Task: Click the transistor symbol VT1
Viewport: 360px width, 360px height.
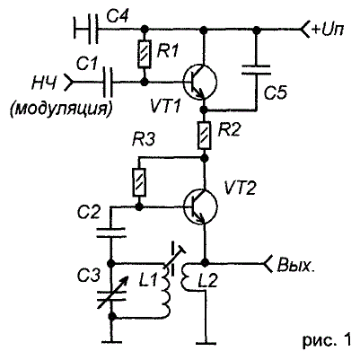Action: pos(200,82)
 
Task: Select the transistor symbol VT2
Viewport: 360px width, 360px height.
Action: pos(200,206)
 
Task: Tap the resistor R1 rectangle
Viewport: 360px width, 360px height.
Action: pos(145,55)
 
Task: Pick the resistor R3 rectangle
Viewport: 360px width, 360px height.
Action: pos(139,182)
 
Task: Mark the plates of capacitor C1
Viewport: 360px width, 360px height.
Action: pos(108,82)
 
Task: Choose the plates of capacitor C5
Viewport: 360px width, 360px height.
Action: pos(256,70)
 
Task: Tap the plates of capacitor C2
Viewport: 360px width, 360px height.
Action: pos(111,233)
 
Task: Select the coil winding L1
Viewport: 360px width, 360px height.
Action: pos(166,289)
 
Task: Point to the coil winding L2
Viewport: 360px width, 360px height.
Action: pos(186,277)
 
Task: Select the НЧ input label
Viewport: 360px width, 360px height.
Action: pos(44,82)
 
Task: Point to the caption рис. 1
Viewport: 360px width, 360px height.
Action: pos(327,340)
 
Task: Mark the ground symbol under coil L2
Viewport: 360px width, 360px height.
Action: pos(206,341)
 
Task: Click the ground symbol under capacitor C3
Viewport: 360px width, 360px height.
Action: pos(111,341)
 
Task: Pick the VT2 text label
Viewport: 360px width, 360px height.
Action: pos(241,189)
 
